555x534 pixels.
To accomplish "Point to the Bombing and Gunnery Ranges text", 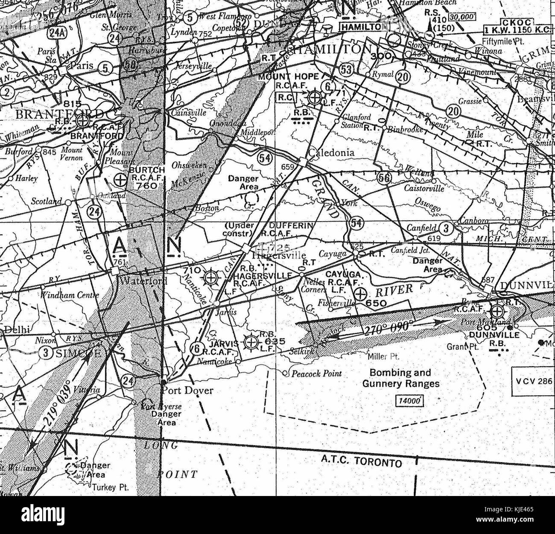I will click(400, 378).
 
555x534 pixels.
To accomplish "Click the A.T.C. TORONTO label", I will click(361, 461).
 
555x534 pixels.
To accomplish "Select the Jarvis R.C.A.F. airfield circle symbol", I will click(251, 342).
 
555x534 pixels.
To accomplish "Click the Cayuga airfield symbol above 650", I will click(361, 294).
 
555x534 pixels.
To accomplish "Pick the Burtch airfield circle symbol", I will click(121, 180).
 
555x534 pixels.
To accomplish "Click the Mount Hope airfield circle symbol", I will click(315, 98).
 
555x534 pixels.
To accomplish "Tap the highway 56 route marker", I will click(383, 178).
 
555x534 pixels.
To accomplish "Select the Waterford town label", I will click(139, 281).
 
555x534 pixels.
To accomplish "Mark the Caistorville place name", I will click(424, 188).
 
